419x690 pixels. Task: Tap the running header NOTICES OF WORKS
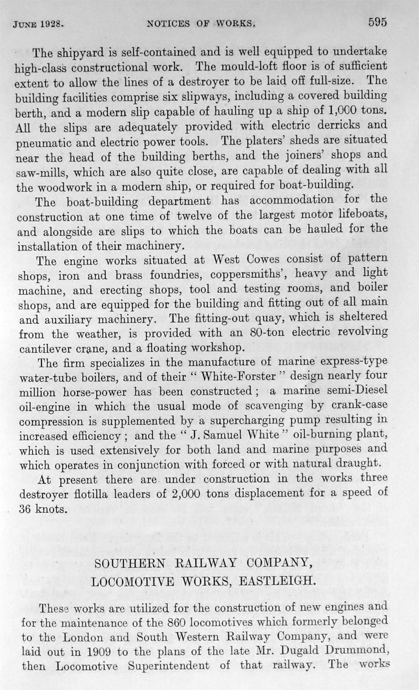point(201,24)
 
